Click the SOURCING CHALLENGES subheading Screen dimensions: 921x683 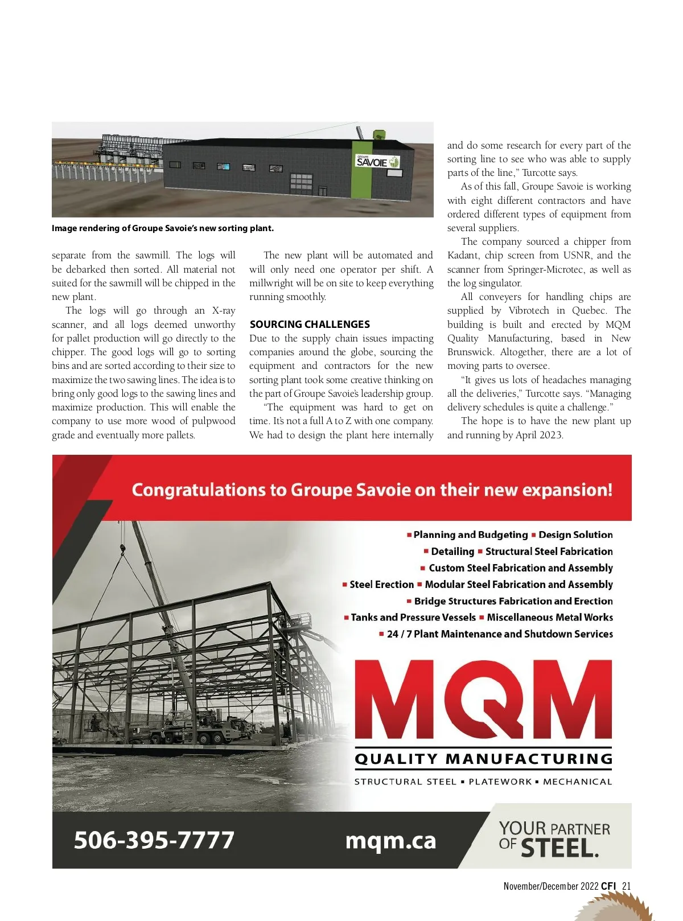coord(310,324)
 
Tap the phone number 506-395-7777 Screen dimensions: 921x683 coord(154,840)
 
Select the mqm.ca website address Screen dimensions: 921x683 coord(390,841)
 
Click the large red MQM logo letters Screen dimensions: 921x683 coord(483,699)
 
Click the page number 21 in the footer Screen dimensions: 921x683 coord(627,886)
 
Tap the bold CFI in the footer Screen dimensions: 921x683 coord(608,886)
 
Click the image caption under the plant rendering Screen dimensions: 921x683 coord(163,228)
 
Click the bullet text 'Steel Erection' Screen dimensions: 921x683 coord(381,585)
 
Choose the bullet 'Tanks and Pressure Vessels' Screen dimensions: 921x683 coord(413,618)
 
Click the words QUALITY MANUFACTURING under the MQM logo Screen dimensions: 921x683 coord(483,759)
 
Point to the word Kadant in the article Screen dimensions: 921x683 coord(463,256)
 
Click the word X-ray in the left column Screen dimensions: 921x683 coord(224,311)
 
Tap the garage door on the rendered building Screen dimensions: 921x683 coord(301,184)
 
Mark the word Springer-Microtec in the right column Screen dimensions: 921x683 coord(546,270)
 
